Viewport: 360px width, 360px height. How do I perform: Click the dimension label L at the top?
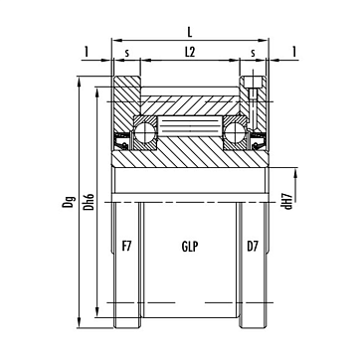tap(190, 32)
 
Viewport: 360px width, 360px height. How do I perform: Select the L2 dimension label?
tap(190, 53)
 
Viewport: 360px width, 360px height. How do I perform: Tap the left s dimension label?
tap(127, 53)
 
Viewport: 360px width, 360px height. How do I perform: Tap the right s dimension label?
tap(253, 53)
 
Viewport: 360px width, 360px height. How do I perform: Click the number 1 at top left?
tap(87, 52)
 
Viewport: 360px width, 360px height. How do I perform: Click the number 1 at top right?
tap(294, 52)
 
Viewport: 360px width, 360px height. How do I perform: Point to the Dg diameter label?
tap(68, 201)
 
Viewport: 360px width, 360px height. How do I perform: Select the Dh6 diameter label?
tap(89, 201)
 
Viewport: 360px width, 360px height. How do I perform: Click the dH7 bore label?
tap(288, 201)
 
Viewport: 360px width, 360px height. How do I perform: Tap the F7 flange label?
tap(127, 247)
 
